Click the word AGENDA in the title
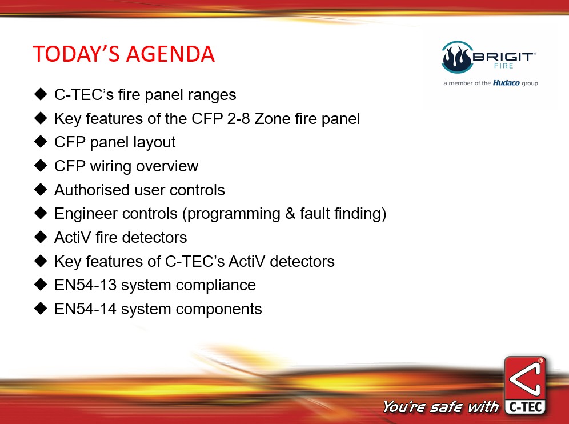pos(170,54)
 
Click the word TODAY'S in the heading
pos(76,54)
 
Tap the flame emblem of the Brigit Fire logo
pos(458,57)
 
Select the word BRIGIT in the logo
pos(504,57)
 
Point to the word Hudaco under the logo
pos(506,83)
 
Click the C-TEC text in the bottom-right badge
pos(526,407)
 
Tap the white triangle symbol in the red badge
pos(525,379)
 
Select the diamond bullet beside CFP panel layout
pos(41,142)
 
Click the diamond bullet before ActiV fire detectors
pos(41,237)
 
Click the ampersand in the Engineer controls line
pos(290,214)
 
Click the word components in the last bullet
pos(219,310)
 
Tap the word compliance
pos(215,286)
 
